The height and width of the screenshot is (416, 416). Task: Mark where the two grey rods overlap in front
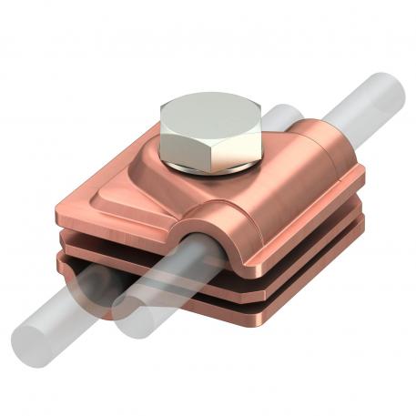pos(127,309)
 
